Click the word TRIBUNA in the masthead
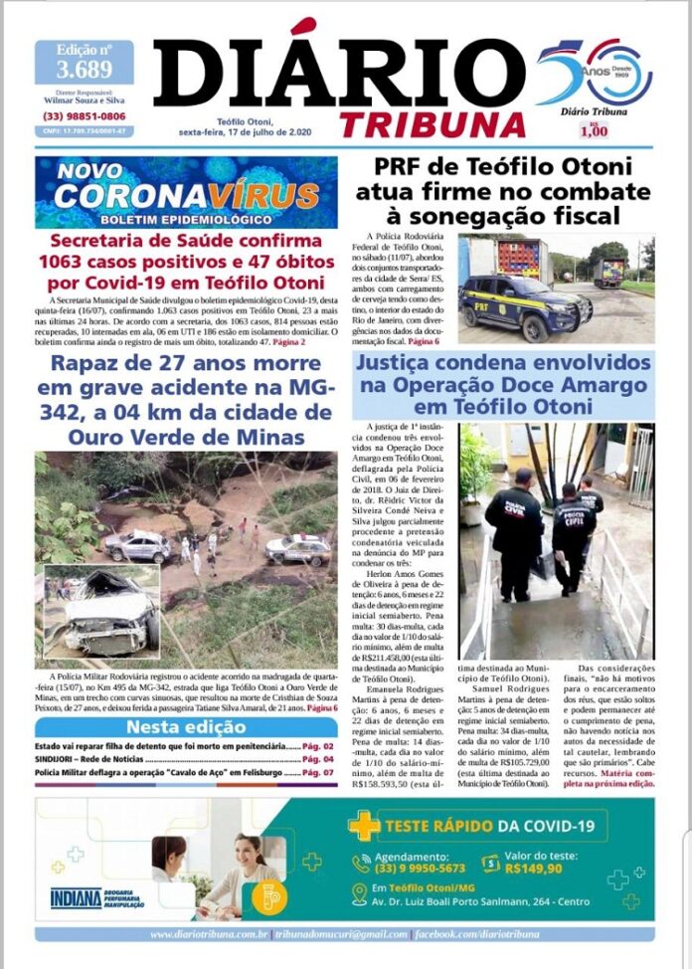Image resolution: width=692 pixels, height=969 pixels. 432,123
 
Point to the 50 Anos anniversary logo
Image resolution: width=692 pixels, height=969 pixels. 594,72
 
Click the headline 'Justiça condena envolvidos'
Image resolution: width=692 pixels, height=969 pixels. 503,364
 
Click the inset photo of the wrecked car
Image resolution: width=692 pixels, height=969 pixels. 100,611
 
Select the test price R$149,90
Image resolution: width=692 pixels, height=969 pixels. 533,867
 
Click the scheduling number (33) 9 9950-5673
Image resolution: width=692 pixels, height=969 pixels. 411,867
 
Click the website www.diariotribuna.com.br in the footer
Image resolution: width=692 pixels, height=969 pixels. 210,934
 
